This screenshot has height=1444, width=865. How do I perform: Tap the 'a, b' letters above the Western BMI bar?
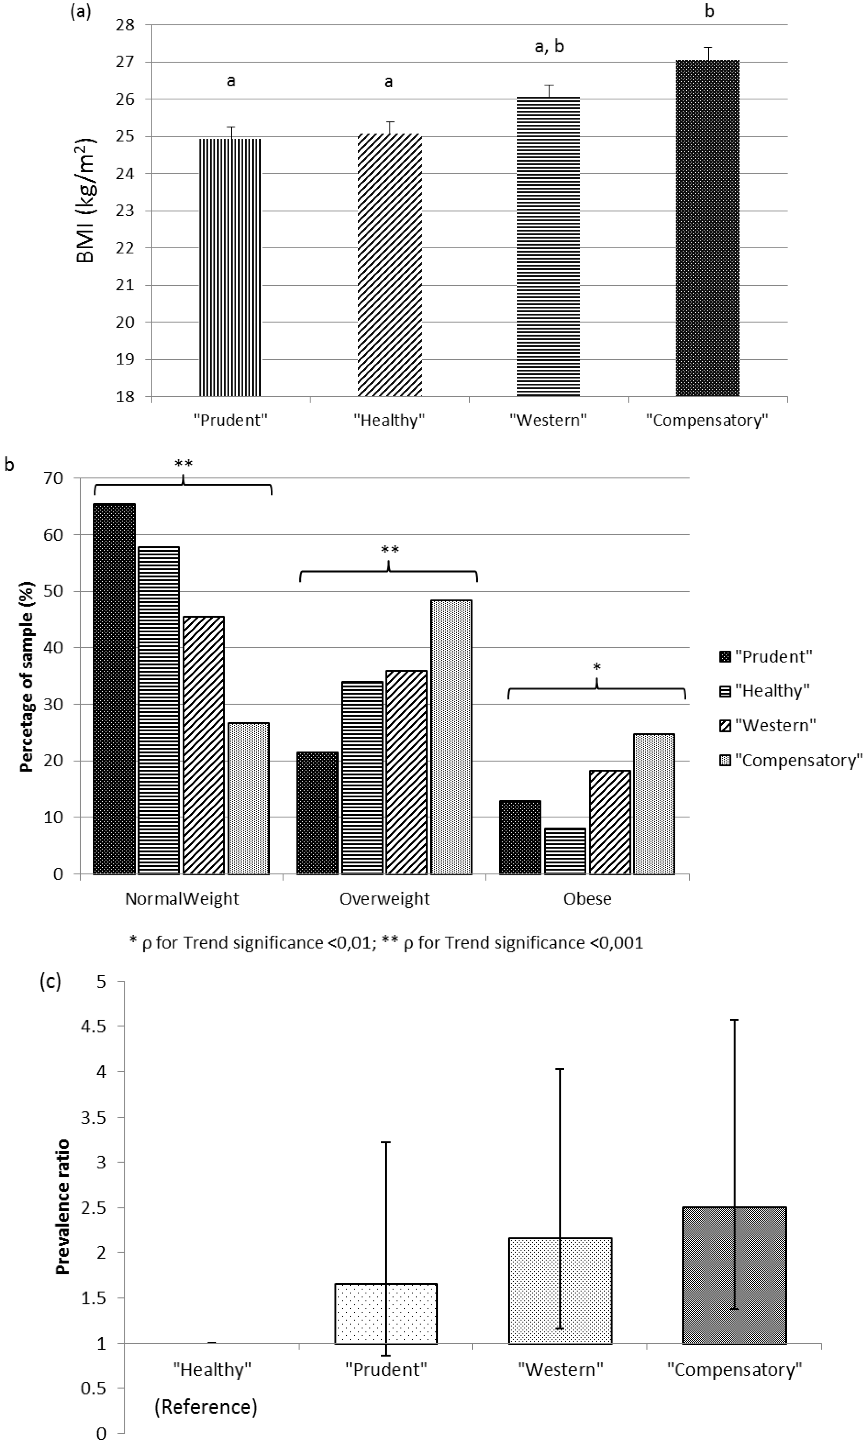pyautogui.click(x=549, y=47)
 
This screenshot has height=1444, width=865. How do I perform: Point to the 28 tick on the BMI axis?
pyautogui.click(x=126, y=25)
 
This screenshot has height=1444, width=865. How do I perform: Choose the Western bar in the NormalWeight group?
pyautogui.click(x=203, y=745)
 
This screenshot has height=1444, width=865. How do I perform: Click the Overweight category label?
pyautogui.click(x=385, y=899)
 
